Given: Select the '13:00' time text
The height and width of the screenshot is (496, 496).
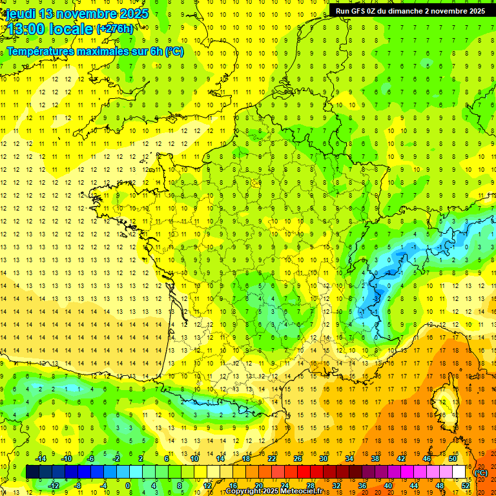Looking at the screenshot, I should (23, 30).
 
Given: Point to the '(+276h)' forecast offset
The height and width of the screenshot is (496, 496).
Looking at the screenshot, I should (116, 29).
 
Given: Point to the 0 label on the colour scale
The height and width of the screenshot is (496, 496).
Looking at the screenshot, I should (127, 486).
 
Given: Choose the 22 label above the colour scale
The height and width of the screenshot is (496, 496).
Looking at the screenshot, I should (272, 459).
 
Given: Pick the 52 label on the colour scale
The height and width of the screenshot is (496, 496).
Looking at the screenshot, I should (466, 486).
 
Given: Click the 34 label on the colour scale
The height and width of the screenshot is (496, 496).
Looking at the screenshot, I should (349, 459).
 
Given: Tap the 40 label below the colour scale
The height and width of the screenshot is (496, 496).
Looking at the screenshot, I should (388, 486).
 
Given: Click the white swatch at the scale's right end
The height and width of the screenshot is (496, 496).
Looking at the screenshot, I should (459, 472).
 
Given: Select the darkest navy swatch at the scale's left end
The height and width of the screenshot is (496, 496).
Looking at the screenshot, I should (32, 472).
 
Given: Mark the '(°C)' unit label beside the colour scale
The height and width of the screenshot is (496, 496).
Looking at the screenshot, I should (481, 472).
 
